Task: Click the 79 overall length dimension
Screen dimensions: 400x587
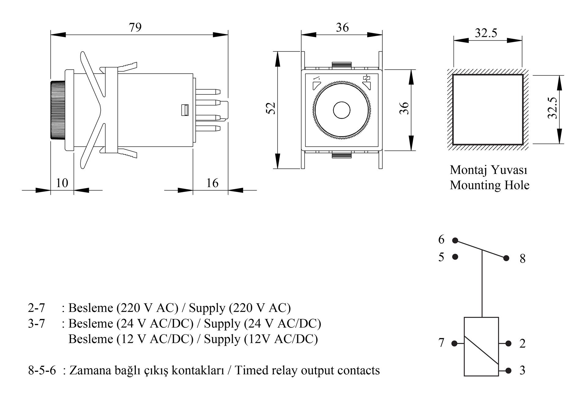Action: pos(135,28)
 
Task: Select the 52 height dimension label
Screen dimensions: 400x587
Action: pos(271,109)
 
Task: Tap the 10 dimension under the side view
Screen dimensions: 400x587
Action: pos(62,183)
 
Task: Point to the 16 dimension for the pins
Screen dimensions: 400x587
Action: pos(212,183)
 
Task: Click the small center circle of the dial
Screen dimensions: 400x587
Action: pos(341,110)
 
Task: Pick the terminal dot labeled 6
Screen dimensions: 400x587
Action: pos(455,241)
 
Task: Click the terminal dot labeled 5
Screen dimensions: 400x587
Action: pos(455,257)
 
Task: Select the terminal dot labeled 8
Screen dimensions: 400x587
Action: pos(506,258)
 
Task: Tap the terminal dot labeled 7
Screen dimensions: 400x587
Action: pos(455,344)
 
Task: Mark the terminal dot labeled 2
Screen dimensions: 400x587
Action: pos(508,344)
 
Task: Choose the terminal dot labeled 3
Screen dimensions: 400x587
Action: pos(508,371)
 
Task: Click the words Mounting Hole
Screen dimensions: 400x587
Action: pos(489,185)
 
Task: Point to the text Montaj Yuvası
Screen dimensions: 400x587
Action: pos(489,170)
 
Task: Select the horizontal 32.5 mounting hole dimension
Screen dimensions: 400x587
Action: pos(486,33)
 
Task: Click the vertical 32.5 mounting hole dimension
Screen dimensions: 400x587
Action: pos(552,108)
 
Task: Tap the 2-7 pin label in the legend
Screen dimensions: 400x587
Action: pos(36,308)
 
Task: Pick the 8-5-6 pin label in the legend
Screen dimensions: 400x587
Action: pos(42,370)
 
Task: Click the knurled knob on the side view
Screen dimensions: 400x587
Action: pos(58,110)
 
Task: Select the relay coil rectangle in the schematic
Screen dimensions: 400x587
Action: pos(481,346)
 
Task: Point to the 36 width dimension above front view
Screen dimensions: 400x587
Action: pos(342,28)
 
